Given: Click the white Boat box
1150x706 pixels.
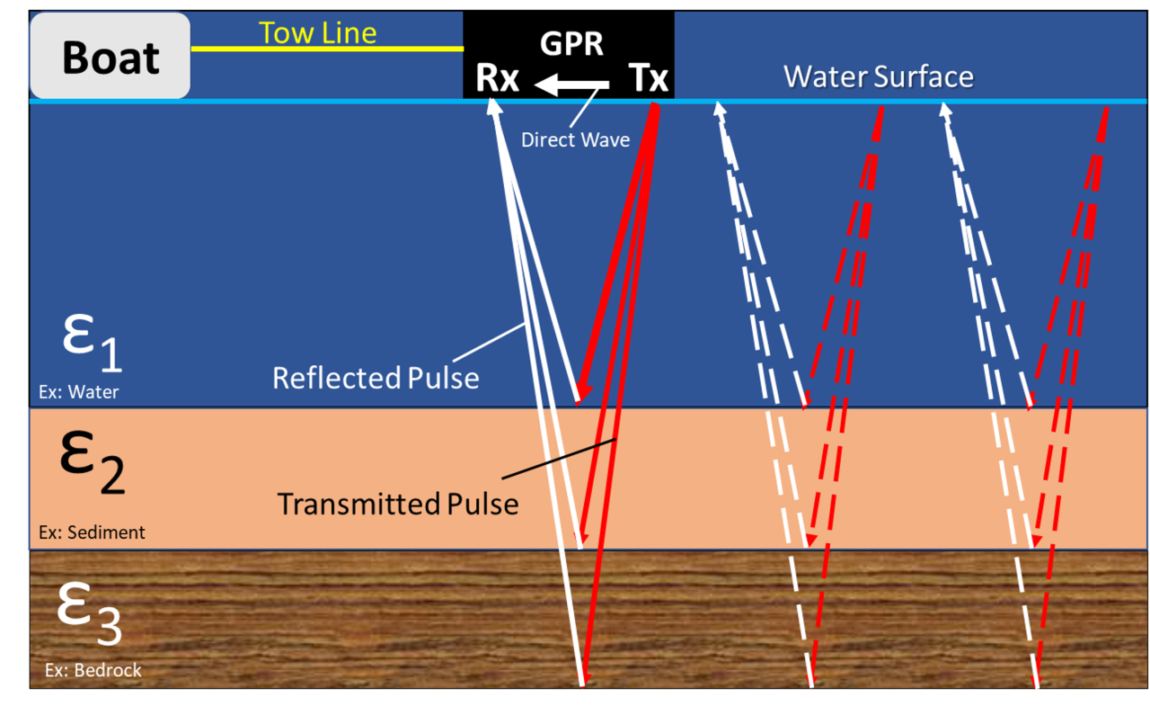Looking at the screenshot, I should click(110, 56).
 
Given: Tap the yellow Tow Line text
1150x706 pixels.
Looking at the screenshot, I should click(317, 32).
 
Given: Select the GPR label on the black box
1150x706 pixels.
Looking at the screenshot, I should click(571, 43).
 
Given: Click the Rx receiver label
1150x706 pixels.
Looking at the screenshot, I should click(498, 79).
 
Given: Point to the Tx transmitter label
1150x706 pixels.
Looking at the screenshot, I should click(648, 79).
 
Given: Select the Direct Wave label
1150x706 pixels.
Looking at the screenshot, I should click(575, 140).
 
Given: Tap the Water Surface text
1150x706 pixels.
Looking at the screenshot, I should click(878, 76).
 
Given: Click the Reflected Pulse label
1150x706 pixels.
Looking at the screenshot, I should click(376, 378).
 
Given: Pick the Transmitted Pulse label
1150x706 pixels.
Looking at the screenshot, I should click(397, 504).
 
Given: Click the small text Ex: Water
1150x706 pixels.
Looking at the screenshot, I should click(78, 392).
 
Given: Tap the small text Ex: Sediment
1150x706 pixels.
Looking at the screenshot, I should click(92, 532).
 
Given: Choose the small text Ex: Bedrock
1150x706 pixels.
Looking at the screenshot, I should click(93, 671).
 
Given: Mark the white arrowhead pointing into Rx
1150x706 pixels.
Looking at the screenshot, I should click(493, 105).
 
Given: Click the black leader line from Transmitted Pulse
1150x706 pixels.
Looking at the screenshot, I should click(557, 460).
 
